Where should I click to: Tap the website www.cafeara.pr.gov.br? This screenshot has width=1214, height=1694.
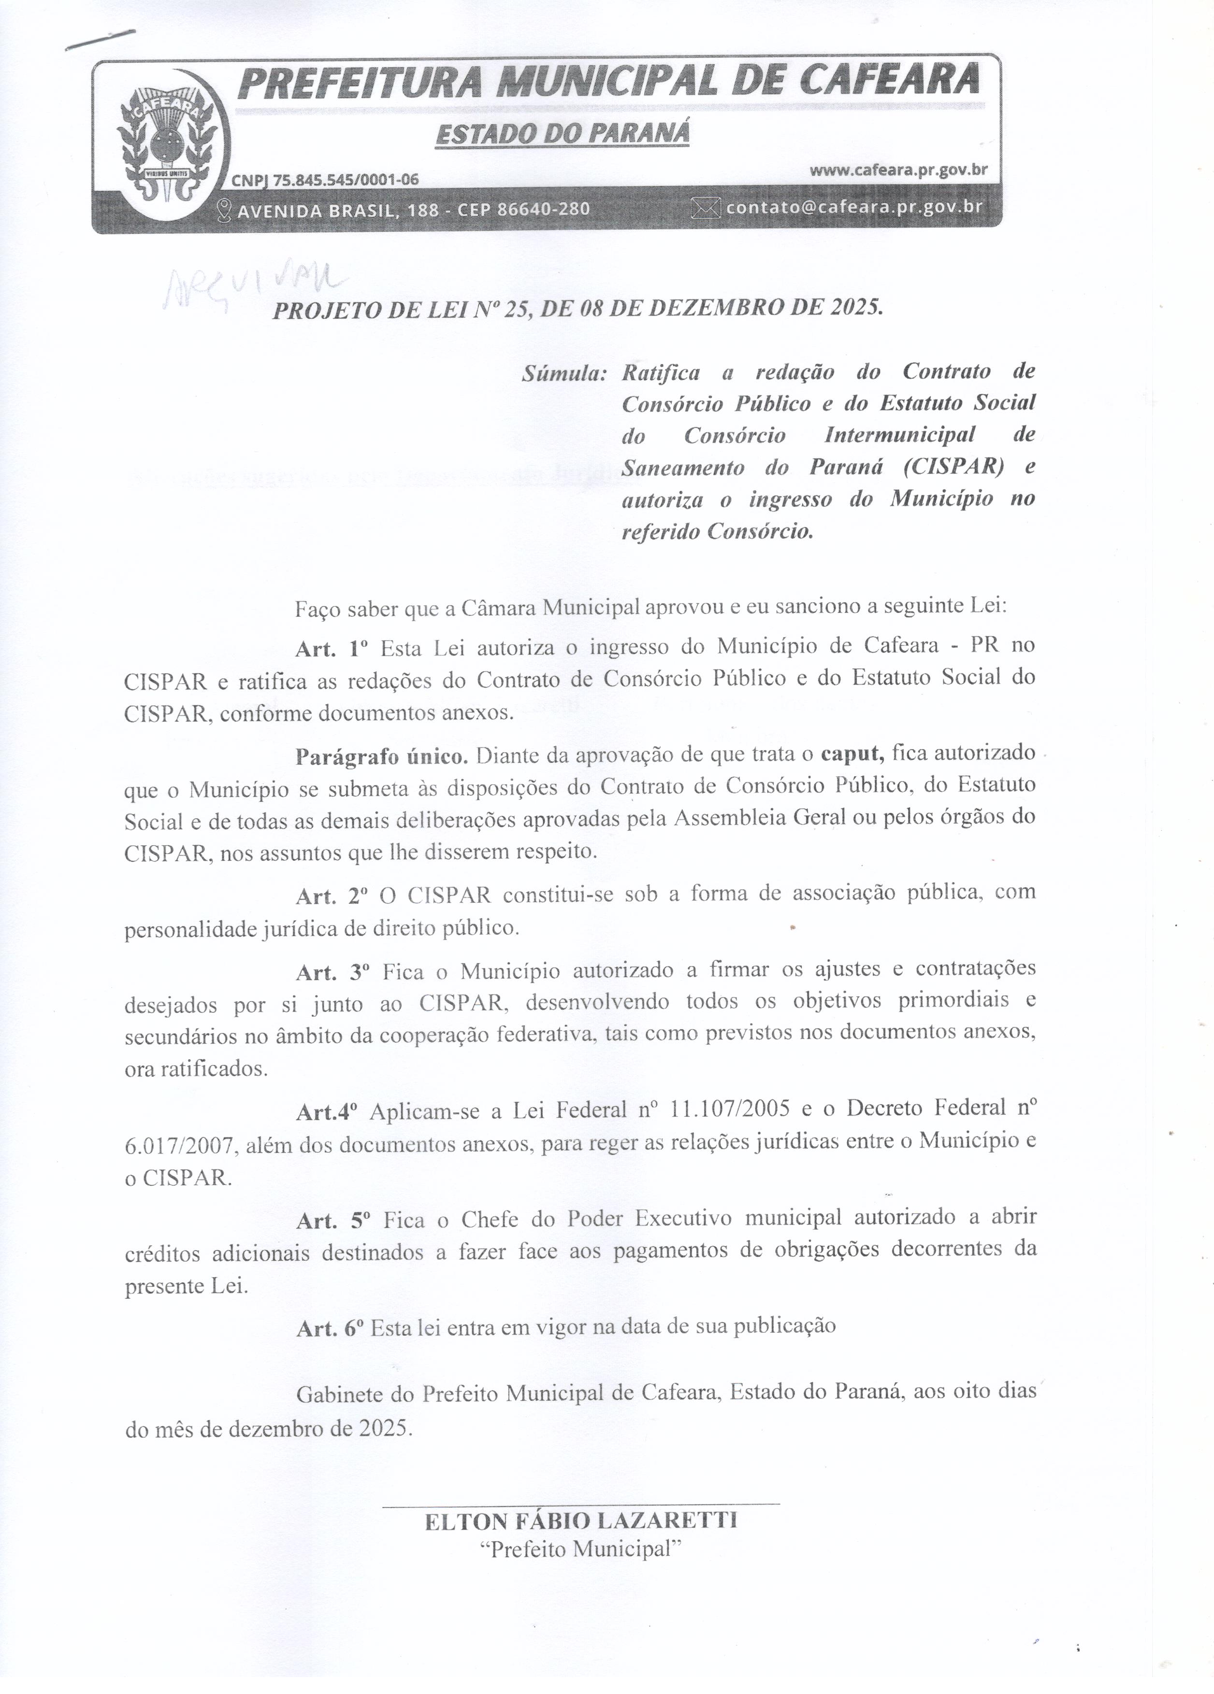point(898,171)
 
